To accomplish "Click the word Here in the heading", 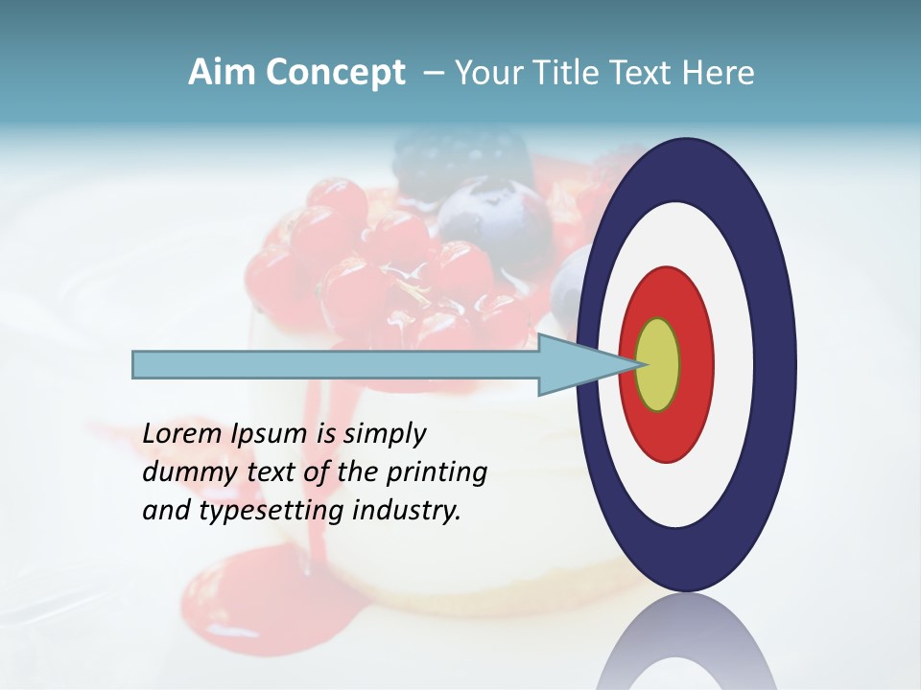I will (x=720, y=73).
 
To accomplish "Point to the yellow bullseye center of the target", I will (x=658, y=365).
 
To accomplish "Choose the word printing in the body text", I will (x=436, y=473).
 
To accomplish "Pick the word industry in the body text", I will (x=407, y=511).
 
